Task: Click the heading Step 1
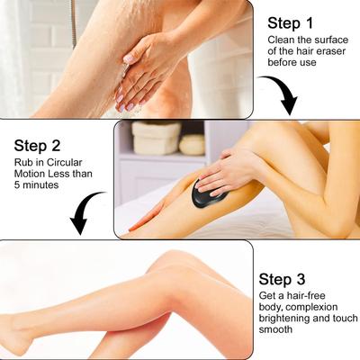pos(290,23)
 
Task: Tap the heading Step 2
pos(37,146)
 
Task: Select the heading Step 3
pos(282,279)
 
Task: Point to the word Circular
pos(64,163)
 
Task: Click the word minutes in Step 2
pos(40,184)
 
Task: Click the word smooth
pos(275,329)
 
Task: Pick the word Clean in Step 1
pos(280,40)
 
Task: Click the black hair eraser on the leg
pos(208,195)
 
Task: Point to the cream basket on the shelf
pos(156,138)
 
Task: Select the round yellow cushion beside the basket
pos(193,145)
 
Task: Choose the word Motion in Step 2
pos(29,174)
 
